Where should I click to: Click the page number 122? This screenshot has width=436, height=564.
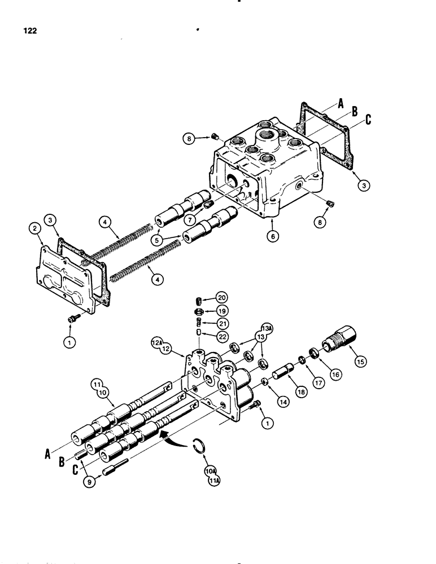pyautogui.click(x=29, y=31)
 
